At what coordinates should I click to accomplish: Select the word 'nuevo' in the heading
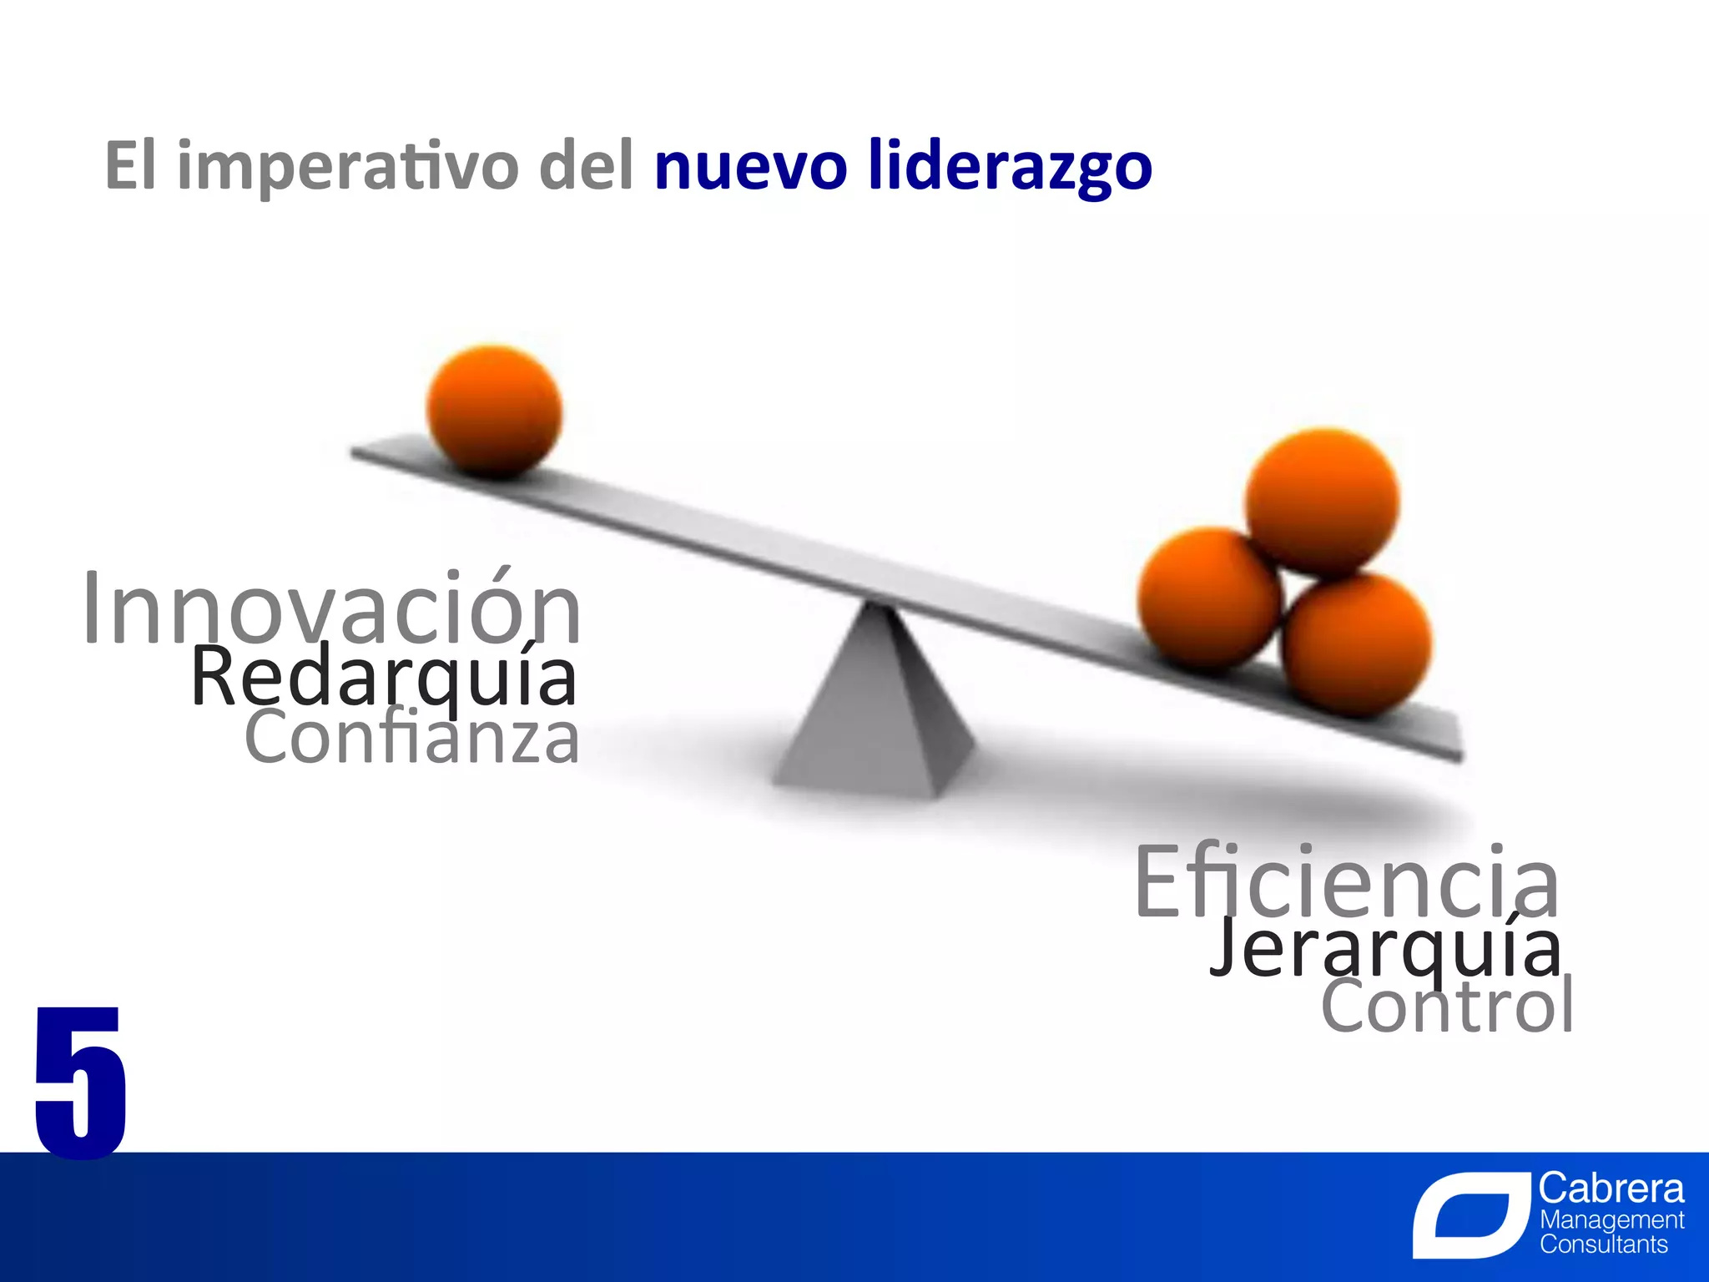click(x=750, y=167)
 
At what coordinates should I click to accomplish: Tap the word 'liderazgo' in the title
click(x=1010, y=167)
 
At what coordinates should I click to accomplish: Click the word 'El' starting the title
click(x=130, y=165)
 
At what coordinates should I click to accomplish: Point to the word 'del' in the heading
click(x=587, y=165)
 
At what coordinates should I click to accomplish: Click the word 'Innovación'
click(x=332, y=609)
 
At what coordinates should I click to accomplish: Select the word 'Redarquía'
click(x=384, y=678)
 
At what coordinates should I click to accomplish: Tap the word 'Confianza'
click(x=411, y=738)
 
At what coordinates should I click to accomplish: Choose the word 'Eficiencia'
click(x=1346, y=882)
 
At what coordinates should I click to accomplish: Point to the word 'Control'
click(x=1447, y=1007)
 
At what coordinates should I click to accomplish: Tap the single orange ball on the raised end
click(x=494, y=411)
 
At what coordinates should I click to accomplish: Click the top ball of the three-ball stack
click(x=1322, y=502)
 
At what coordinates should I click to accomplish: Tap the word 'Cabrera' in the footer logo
click(x=1611, y=1189)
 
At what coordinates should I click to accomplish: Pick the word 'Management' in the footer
click(x=1611, y=1220)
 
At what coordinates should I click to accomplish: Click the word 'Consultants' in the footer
click(x=1603, y=1244)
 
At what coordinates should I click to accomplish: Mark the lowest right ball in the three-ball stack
click(x=1357, y=644)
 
